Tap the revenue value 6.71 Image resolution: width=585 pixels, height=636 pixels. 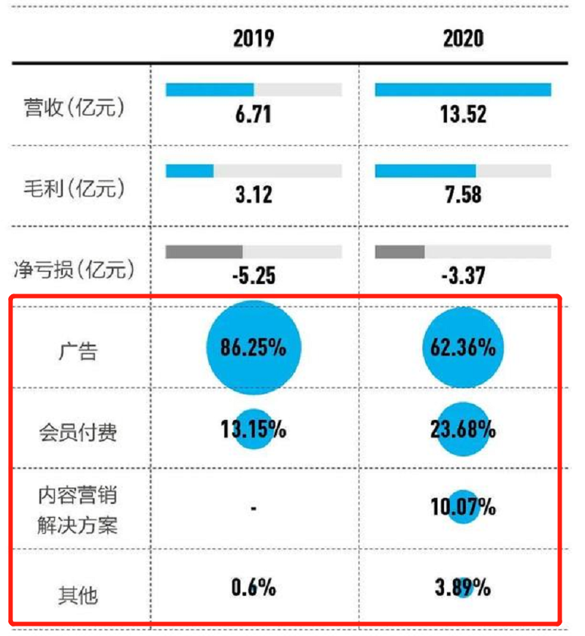pyautogui.click(x=253, y=115)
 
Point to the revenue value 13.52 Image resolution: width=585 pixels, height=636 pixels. pyautogui.click(x=463, y=115)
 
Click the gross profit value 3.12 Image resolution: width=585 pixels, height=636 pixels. pyautogui.click(x=253, y=194)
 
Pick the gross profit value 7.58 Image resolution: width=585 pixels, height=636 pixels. pyautogui.click(x=463, y=194)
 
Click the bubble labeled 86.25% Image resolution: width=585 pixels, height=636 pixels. pyautogui.click(x=253, y=348)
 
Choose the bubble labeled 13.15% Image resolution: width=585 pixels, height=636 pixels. pyautogui.click(x=253, y=429)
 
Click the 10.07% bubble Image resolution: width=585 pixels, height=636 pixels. pyautogui.click(x=463, y=506)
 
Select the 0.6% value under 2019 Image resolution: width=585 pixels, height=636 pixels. pyautogui.click(x=253, y=586)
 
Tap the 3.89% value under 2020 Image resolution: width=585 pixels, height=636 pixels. pyautogui.click(x=463, y=587)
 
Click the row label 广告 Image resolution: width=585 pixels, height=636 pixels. pyautogui.click(x=78, y=353)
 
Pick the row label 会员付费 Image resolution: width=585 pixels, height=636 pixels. pyautogui.click(x=78, y=433)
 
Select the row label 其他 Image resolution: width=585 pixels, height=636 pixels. pyautogui.click(x=78, y=595)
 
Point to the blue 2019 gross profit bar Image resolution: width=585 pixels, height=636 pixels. pyautogui.click(x=189, y=170)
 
